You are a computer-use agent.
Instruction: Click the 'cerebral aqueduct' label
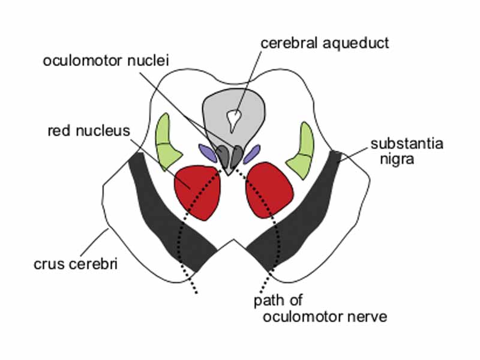pos(325,43)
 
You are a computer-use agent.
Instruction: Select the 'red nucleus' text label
pos(88,130)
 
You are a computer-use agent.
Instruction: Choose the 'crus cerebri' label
pos(77,262)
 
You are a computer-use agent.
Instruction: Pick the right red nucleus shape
pos(270,189)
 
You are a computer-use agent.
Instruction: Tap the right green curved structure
pos(302,151)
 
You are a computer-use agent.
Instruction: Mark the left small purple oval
pos(206,152)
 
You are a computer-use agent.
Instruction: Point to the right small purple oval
pos(252,152)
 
